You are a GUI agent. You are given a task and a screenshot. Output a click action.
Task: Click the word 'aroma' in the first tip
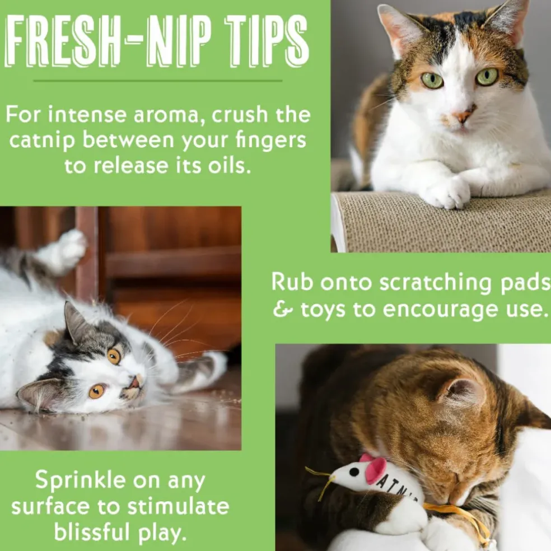[170, 115]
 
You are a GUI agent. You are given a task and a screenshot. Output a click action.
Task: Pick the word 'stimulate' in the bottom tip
[178, 506]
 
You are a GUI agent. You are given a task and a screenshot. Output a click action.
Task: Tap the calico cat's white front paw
[446, 193]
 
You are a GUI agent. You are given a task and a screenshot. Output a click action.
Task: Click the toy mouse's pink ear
[376, 469]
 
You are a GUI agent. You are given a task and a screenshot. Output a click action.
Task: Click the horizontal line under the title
[158, 81]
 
